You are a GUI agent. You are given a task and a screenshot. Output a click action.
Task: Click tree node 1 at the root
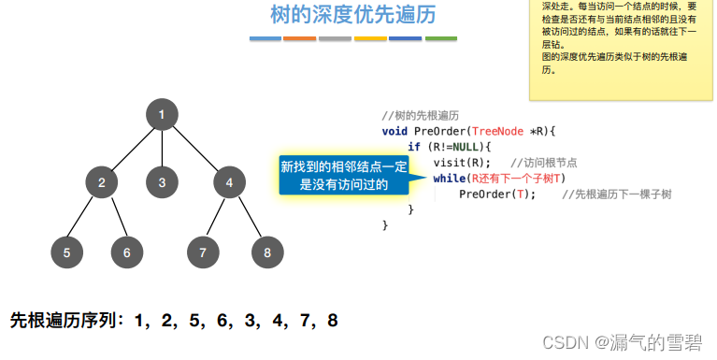(162, 115)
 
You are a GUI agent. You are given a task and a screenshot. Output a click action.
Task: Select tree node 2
(101, 182)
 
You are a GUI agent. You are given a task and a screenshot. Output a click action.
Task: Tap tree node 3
(162, 182)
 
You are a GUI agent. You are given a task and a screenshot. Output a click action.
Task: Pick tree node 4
(229, 182)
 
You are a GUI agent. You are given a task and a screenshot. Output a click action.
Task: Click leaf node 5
(66, 252)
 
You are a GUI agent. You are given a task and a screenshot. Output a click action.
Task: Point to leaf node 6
(127, 252)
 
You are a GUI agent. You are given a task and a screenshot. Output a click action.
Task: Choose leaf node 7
(203, 252)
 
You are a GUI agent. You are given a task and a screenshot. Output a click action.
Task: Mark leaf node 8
(267, 252)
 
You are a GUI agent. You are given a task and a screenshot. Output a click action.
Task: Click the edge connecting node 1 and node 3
(162, 149)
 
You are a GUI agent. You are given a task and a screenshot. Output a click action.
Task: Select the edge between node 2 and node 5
(84, 217)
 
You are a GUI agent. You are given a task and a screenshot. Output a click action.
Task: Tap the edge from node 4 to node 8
(248, 217)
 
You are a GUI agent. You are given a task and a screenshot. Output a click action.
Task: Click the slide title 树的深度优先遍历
(352, 16)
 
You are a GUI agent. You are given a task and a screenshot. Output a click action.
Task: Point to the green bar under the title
(441, 39)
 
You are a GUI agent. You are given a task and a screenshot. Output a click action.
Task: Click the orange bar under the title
(299, 39)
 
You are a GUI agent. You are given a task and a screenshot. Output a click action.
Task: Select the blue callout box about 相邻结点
(344, 175)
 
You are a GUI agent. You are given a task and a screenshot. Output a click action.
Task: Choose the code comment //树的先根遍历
(420, 115)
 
